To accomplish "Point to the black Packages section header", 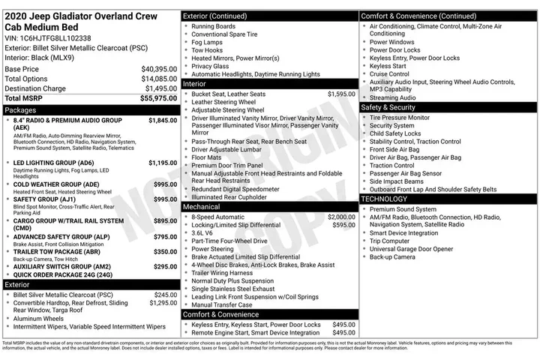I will point(90,109).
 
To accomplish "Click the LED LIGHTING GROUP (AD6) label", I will point(54,163).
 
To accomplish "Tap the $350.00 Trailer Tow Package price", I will point(165,253).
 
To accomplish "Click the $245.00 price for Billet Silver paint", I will point(165,295).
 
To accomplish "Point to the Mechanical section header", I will point(270,206).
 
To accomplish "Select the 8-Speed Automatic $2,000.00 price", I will point(341,217).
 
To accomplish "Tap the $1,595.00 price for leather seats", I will point(341,94).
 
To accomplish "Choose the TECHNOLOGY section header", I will point(448,199).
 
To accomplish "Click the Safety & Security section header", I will point(448,107).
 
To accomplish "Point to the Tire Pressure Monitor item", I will point(400,118).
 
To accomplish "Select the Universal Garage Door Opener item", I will point(411,249).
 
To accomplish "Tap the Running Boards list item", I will point(213,26).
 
